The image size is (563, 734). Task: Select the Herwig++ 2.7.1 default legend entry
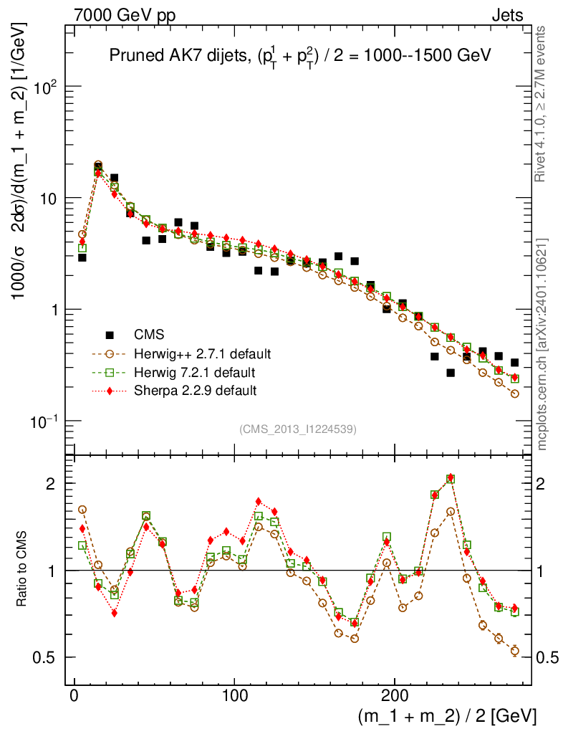click(202, 354)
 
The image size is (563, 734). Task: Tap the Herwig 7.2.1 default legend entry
click(195, 373)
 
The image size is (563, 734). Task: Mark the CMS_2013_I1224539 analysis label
click(298, 429)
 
